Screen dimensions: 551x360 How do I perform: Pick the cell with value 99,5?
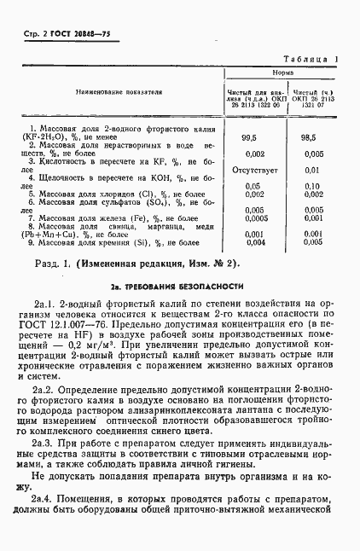250,136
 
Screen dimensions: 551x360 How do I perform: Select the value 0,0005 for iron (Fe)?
250,217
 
